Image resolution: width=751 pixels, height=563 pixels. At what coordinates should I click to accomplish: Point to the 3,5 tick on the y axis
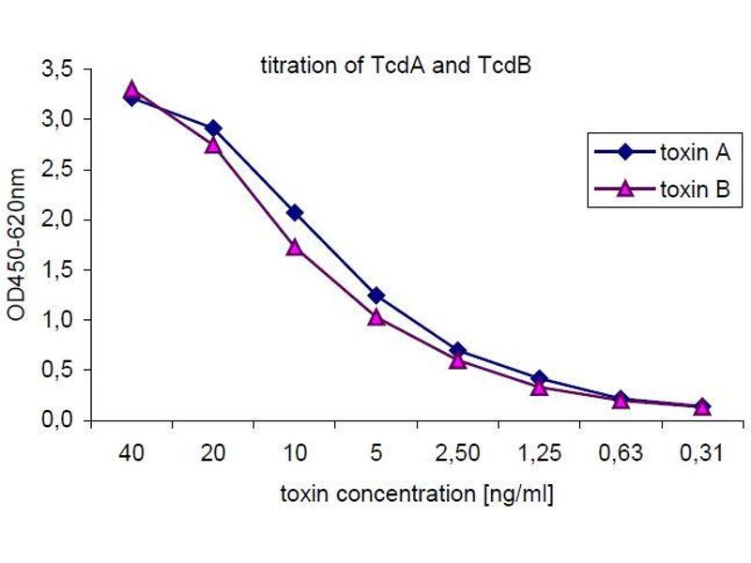coord(59,68)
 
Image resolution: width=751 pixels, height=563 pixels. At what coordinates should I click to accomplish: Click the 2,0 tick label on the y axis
coord(59,220)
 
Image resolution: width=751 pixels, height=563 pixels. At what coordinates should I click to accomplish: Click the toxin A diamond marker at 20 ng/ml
coord(213,128)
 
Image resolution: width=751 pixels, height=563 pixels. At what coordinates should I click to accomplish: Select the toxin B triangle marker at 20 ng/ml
coord(213,145)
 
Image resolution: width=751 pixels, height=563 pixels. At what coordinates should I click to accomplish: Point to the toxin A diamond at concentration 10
coord(295,213)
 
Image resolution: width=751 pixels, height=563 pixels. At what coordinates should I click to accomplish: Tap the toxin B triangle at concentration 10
coord(295,248)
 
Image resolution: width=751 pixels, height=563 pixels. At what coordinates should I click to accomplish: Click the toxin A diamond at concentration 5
coord(376,296)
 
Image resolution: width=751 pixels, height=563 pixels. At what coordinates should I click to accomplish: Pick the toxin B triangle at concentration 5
coord(376,317)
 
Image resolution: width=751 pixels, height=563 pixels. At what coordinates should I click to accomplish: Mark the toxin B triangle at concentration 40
coord(132,89)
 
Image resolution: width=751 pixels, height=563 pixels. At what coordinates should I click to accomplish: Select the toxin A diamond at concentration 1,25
coord(539,378)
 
